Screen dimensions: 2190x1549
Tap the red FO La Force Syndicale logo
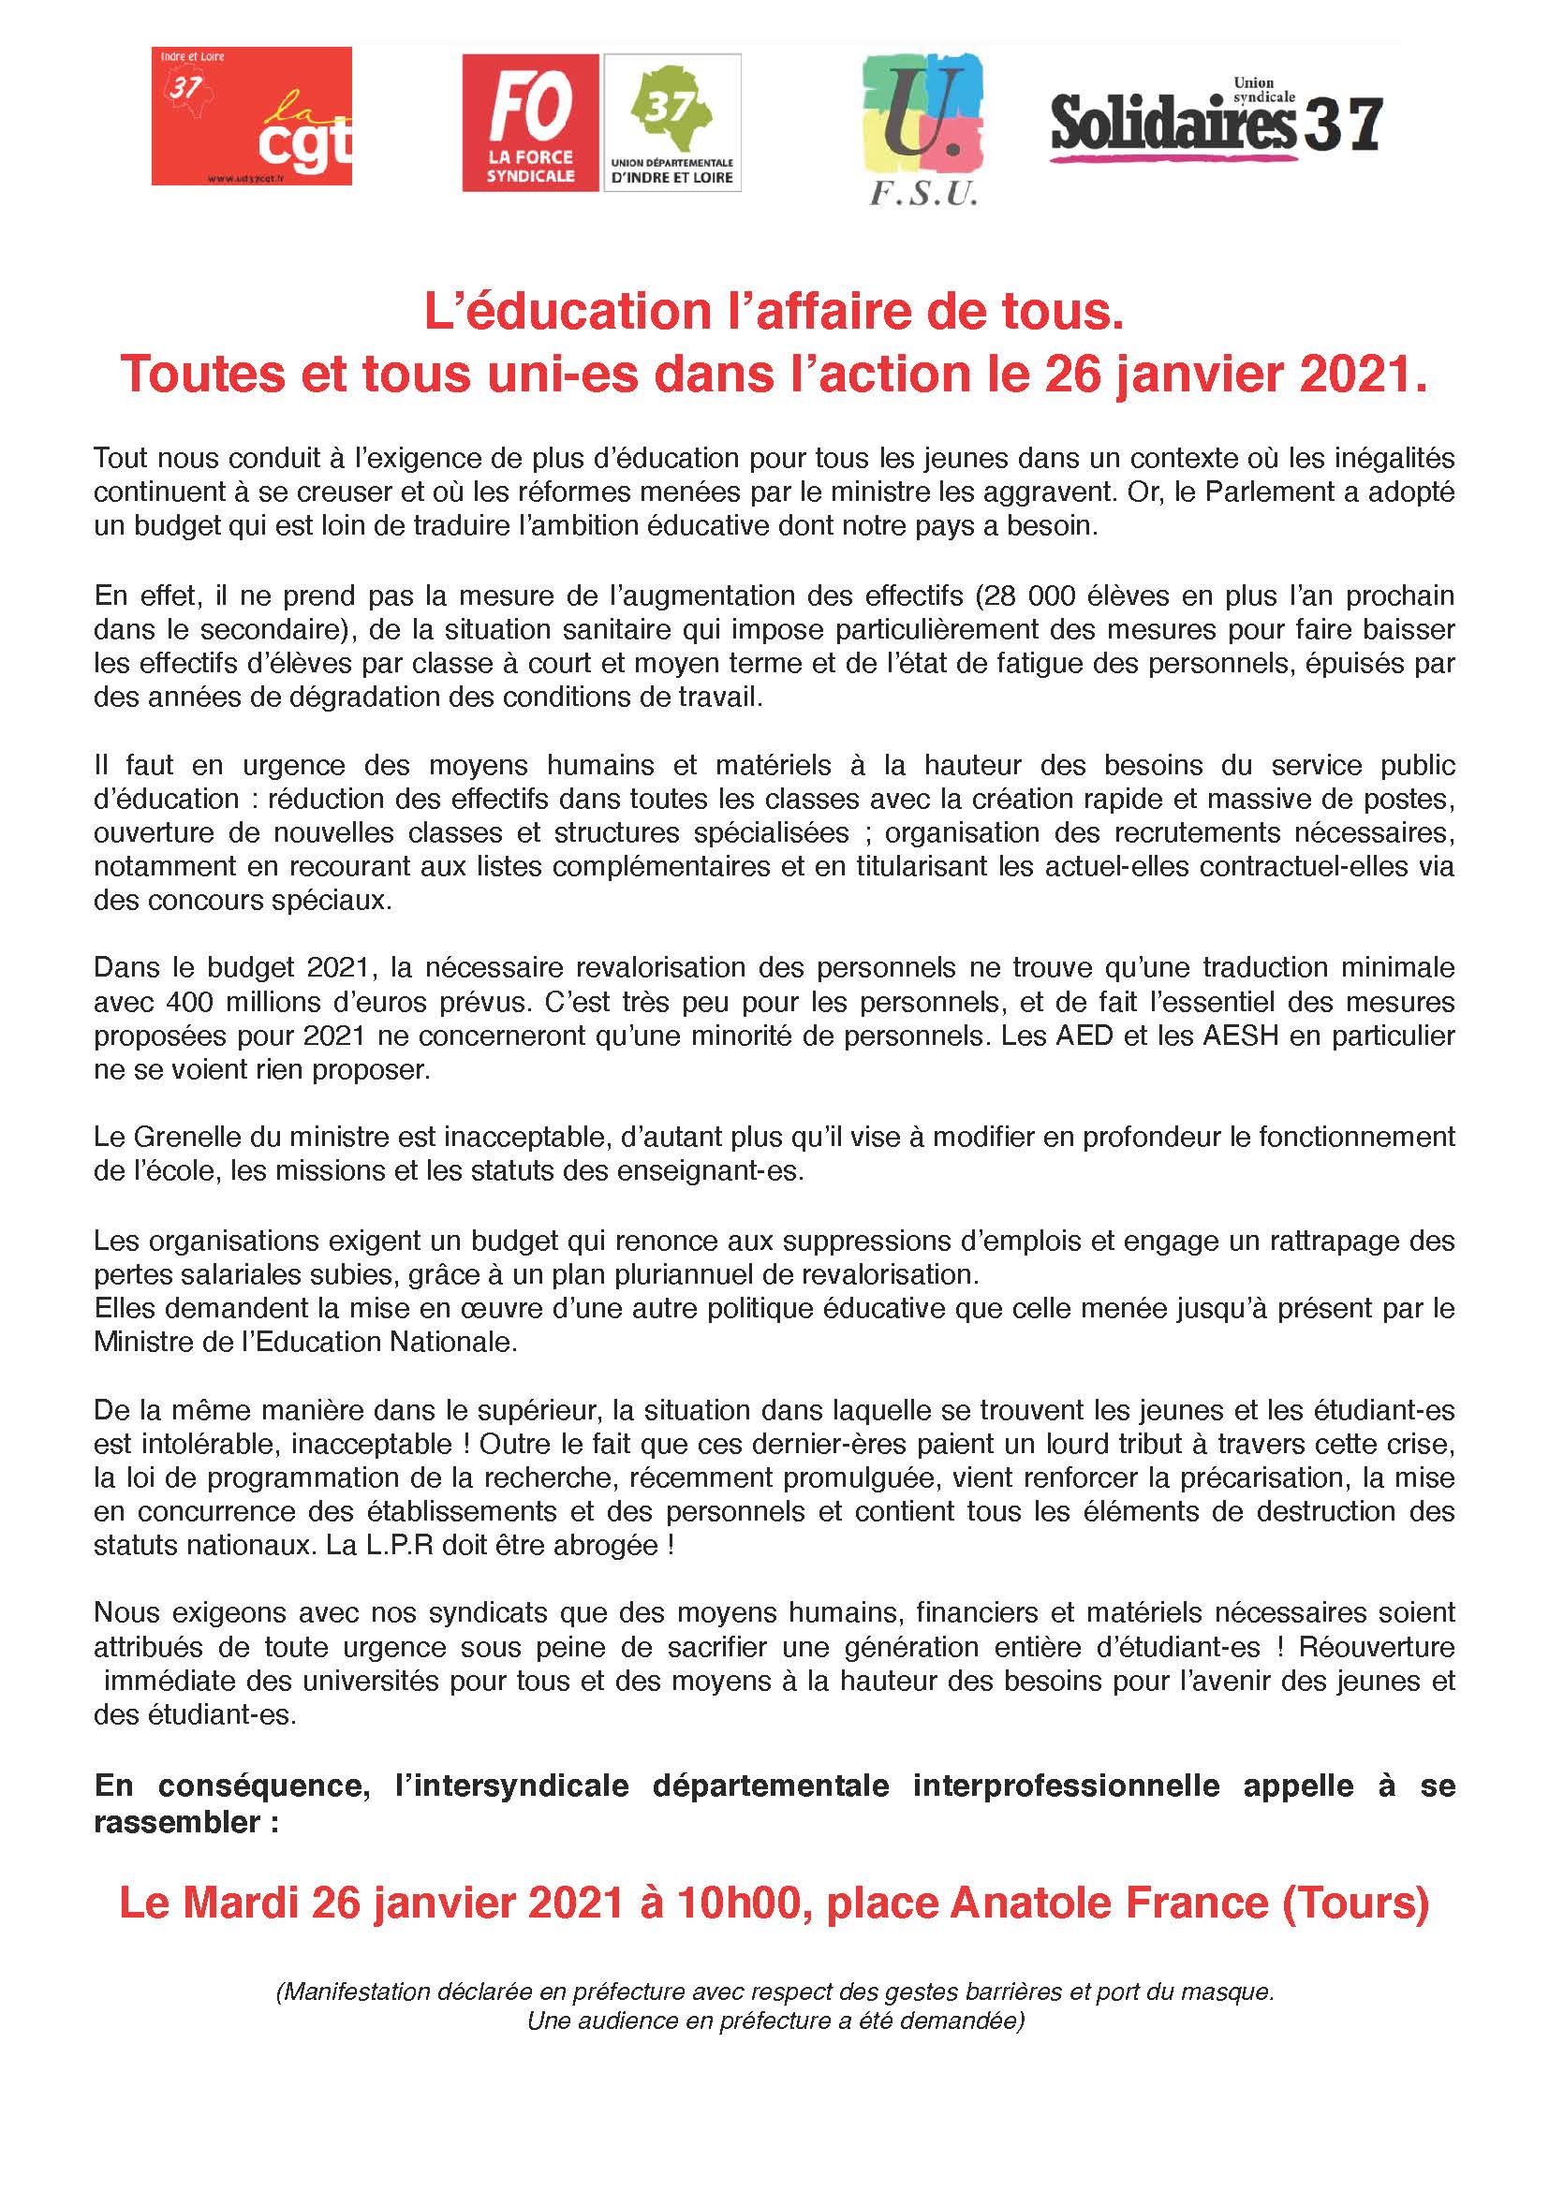(530, 122)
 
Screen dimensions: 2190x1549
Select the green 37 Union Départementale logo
(672, 122)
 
